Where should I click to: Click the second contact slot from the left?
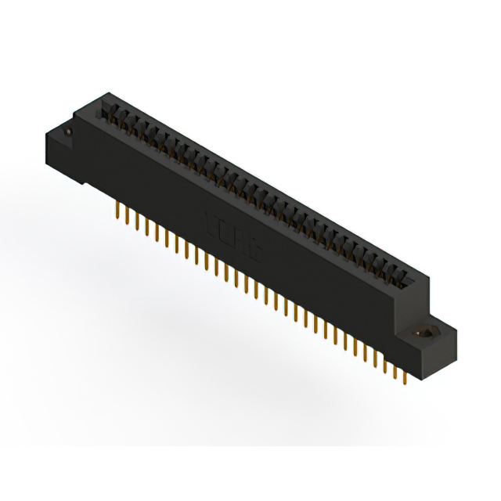point(117,121)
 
